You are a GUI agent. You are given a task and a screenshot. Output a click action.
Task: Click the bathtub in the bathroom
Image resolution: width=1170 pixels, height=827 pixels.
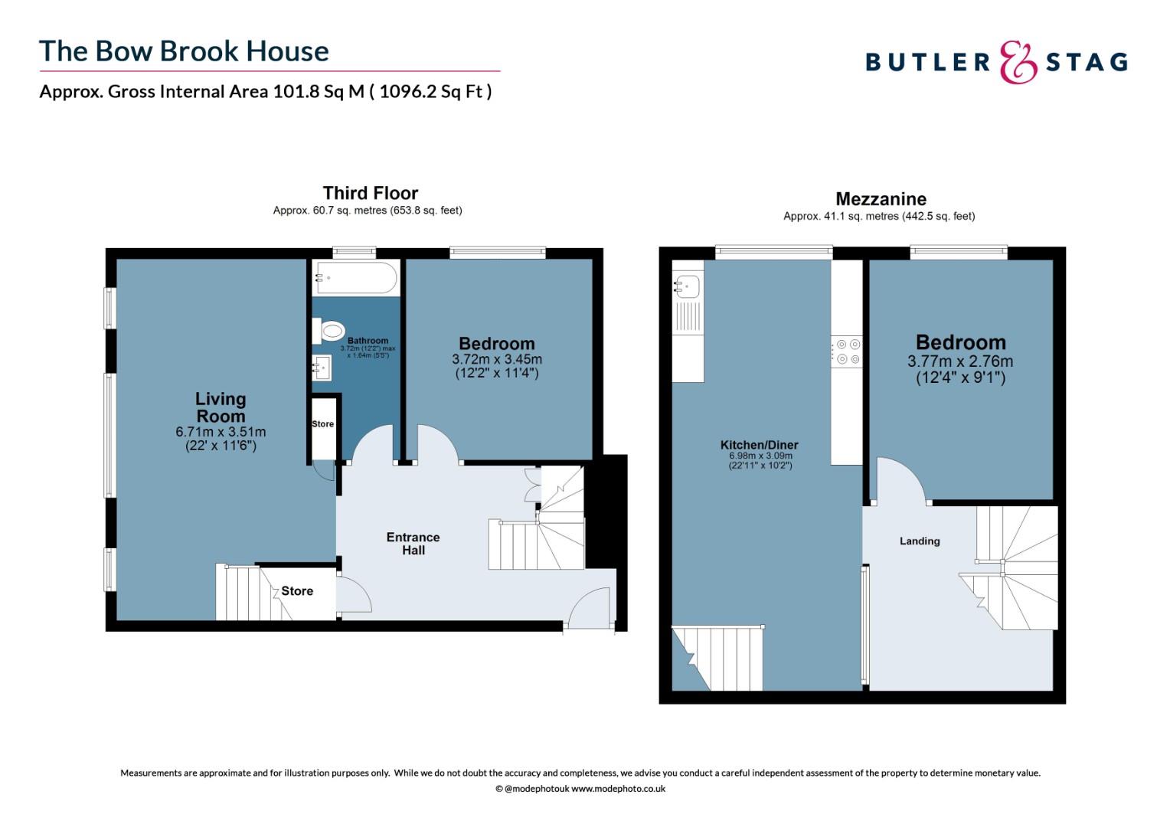click(x=355, y=277)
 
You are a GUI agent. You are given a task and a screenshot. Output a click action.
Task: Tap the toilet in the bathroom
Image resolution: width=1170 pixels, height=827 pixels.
click(x=329, y=331)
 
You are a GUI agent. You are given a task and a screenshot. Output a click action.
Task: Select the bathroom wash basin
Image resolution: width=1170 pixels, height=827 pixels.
click(x=322, y=368)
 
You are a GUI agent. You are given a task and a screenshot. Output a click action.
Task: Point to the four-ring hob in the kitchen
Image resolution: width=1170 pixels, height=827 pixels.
click(x=847, y=351)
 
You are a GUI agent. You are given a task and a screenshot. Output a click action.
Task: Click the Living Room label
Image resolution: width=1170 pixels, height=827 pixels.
click(x=221, y=407)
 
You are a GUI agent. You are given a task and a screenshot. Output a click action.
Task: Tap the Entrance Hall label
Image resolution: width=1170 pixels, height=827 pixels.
click(x=413, y=544)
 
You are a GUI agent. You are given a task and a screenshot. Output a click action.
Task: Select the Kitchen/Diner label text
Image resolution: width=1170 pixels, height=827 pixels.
click(x=760, y=445)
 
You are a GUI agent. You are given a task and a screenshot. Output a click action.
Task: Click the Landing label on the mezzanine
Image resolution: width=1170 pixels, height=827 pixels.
click(x=920, y=541)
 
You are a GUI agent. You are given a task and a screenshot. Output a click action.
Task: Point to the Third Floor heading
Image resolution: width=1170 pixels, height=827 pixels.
click(x=371, y=193)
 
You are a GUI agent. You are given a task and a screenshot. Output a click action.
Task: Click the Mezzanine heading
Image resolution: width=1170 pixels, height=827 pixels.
click(x=881, y=199)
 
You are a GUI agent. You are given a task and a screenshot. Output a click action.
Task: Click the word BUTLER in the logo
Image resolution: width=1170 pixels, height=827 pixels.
click(x=927, y=62)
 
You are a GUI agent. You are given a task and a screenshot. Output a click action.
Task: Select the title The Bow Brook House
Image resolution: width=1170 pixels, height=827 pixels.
click(x=184, y=51)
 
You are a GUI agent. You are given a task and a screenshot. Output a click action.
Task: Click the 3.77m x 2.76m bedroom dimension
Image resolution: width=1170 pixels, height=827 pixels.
click(x=960, y=361)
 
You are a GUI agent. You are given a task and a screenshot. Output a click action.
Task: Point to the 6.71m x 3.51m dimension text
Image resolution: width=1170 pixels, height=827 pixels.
click(x=221, y=432)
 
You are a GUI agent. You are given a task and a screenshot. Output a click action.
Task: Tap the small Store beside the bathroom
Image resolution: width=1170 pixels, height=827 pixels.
click(x=323, y=423)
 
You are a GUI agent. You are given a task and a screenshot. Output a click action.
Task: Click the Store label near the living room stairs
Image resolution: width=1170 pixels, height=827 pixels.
click(x=297, y=591)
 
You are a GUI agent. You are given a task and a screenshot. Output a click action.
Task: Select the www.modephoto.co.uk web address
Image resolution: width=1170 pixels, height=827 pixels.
click(x=619, y=789)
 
